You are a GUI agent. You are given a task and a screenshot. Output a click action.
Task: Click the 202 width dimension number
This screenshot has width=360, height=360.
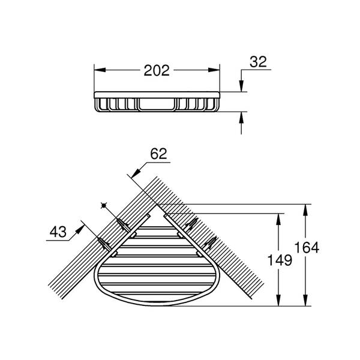click(x=157, y=70)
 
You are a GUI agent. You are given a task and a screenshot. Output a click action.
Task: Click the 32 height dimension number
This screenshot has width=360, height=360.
click(x=258, y=62)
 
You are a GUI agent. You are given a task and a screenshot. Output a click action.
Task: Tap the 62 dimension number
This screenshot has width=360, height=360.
click(x=158, y=154)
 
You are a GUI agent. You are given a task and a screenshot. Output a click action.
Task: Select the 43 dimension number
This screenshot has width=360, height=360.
click(x=58, y=232)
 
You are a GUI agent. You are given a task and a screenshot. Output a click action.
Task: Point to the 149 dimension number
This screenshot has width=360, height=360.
click(x=280, y=260)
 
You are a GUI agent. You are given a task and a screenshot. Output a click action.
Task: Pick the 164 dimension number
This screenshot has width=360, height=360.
click(x=307, y=248)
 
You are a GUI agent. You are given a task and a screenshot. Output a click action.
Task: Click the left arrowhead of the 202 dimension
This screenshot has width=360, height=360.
click(x=100, y=70)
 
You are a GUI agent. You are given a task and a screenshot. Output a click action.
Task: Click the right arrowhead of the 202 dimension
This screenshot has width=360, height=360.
click(x=214, y=70)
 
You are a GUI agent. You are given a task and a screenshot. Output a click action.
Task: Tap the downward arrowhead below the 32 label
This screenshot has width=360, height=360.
click(x=241, y=86)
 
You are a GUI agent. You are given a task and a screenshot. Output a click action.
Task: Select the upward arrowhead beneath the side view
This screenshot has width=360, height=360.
click(x=241, y=118)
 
